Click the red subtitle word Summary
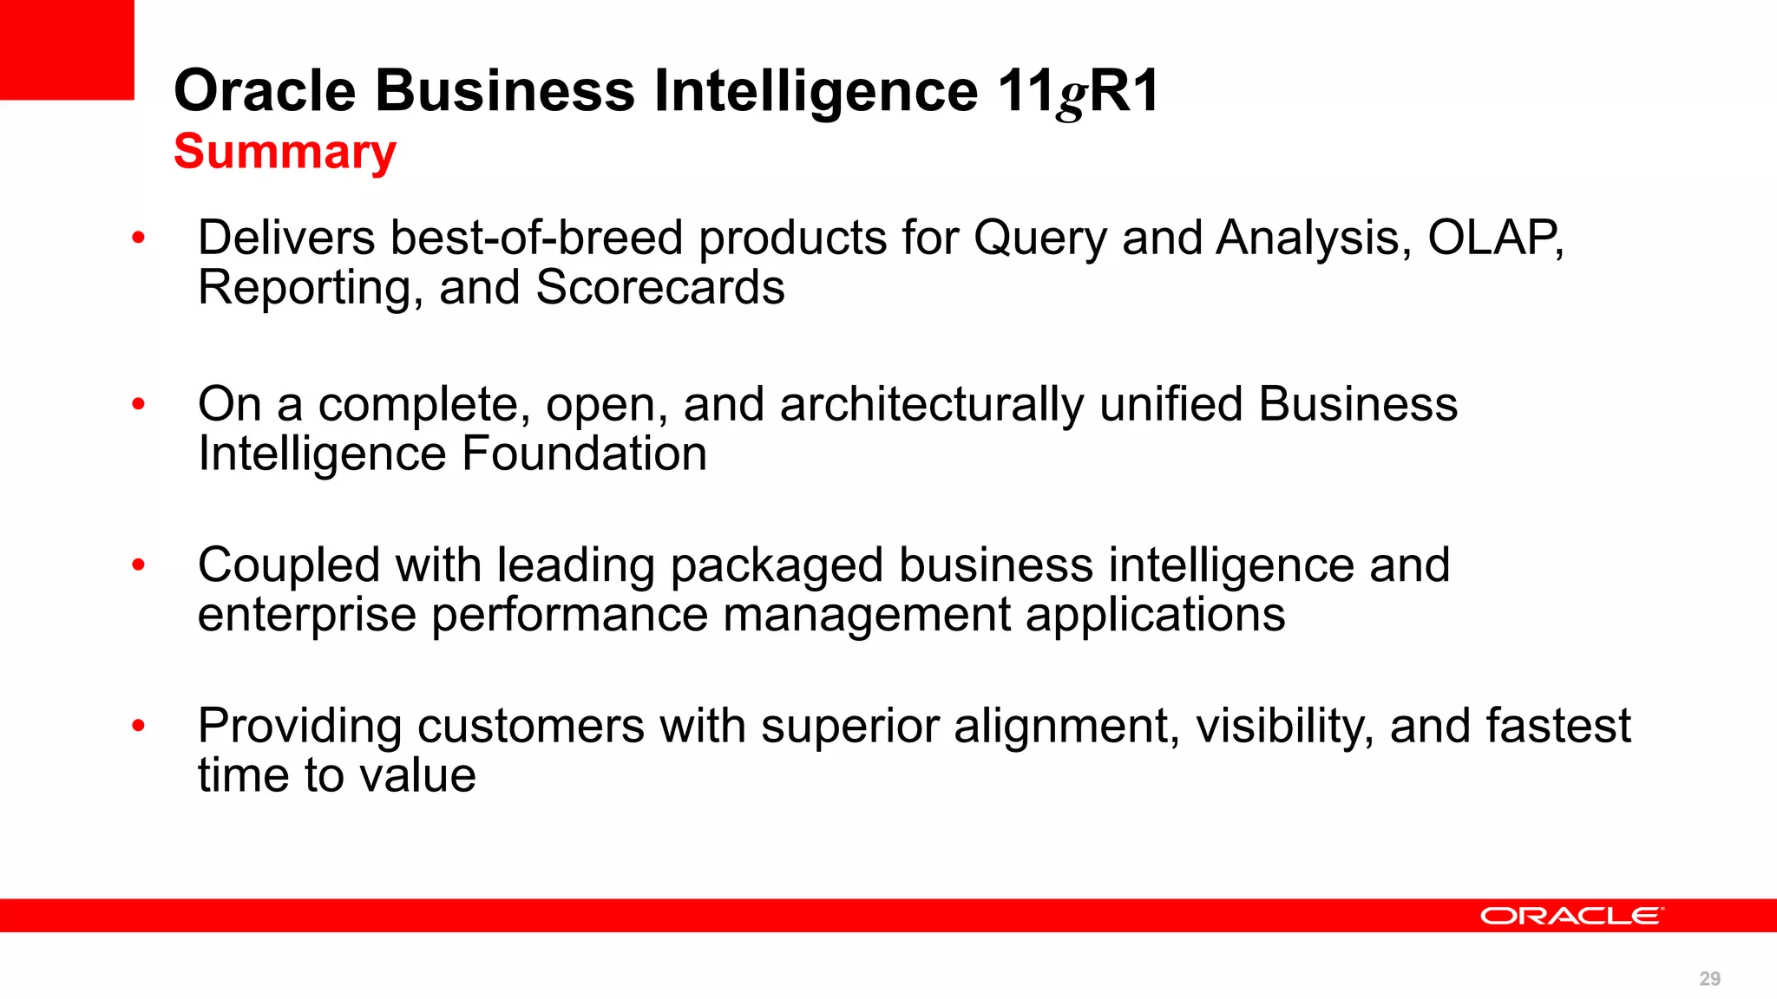(x=285, y=153)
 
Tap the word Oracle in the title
(x=265, y=90)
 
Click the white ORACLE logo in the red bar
(x=1571, y=916)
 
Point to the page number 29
(x=1709, y=979)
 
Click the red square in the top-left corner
(x=67, y=49)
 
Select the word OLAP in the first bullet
(x=1494, y=238)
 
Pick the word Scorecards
(x=659, y=288)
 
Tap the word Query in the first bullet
(x=1039, y=239)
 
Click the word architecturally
(x=931, y=406)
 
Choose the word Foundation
(x=584, y=454)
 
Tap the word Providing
(x=299, y=727)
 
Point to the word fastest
(x=1557, y=726)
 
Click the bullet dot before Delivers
(x=138, y=238)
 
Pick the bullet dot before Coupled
(x=138, y=565)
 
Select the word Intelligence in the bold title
(x=816, y=90)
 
